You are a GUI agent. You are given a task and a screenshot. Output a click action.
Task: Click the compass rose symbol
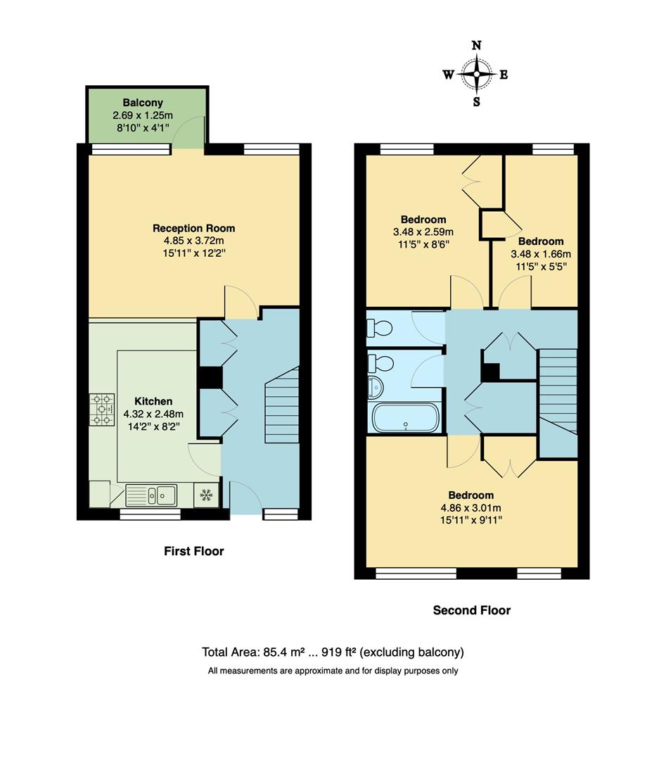(476, 73)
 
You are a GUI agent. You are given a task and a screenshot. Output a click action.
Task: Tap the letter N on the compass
(476, 46)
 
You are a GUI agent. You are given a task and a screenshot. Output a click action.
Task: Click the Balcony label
(142, 103)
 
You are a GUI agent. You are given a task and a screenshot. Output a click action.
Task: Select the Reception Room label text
(193, 228)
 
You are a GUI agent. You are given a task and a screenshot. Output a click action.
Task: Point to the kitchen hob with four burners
(102, 410)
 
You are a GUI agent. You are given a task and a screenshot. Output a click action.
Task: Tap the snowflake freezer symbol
(206, 495)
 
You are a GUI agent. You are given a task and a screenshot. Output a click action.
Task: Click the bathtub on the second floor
(405, 418)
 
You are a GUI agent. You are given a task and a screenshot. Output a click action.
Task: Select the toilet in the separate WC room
(380, 327)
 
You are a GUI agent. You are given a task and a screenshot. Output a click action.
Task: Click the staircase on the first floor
(282, 408)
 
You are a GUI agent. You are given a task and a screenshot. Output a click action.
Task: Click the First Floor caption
(193, 551)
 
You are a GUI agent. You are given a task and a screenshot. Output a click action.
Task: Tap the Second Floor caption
(471, 610)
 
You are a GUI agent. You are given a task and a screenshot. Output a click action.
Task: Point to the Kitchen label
(153, 401)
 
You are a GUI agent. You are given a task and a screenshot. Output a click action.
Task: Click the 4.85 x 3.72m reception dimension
(193, 240)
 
